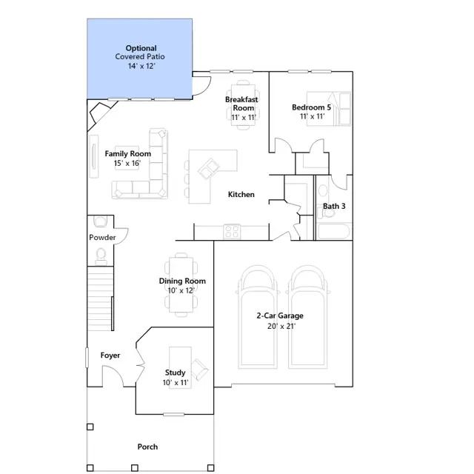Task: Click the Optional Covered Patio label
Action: pos(140,53)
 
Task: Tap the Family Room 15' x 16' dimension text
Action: pos(127,163)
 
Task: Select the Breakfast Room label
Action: pos(241,104)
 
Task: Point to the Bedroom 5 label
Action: pos(311,107)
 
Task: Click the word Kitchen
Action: pos(241,194)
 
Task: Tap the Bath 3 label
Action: pos(334,206)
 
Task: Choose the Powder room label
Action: pos(102,238)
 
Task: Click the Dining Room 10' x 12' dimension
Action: pos(181,290)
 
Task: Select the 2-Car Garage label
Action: pos(280,316)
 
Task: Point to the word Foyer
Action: pos(110,355)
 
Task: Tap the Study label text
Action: pos(175,373)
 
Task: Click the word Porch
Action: pos(147,447)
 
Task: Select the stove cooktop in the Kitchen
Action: pos(232,232)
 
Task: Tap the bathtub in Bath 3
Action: pos(334,232)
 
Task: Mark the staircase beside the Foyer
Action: pos(101,298)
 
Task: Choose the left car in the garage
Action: pos(258,317)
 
